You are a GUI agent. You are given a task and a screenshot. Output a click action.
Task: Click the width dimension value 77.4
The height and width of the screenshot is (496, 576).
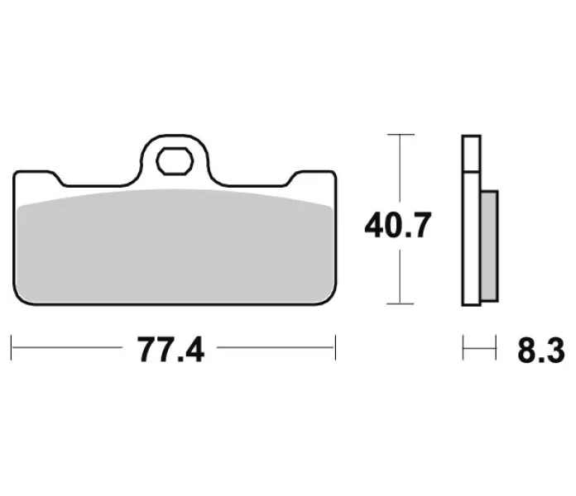170,350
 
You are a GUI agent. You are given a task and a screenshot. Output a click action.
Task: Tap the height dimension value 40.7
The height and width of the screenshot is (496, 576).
397,225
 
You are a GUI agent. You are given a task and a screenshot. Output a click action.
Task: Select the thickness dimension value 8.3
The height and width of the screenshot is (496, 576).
541,351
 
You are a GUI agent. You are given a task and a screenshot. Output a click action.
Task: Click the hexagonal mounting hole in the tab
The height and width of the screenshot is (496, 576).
175,161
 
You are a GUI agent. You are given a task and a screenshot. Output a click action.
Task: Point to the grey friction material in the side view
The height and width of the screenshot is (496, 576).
489,246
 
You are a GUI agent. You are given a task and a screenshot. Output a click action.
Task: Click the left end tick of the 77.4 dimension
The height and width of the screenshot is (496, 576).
12,347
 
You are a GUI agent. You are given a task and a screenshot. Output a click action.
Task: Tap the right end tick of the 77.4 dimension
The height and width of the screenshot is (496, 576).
335,347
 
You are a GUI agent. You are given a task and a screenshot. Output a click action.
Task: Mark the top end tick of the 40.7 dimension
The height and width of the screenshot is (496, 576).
401,135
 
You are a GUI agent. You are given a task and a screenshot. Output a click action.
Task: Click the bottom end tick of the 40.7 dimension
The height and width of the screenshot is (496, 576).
401,303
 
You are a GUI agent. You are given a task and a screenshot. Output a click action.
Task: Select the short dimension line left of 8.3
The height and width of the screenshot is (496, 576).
479,347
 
